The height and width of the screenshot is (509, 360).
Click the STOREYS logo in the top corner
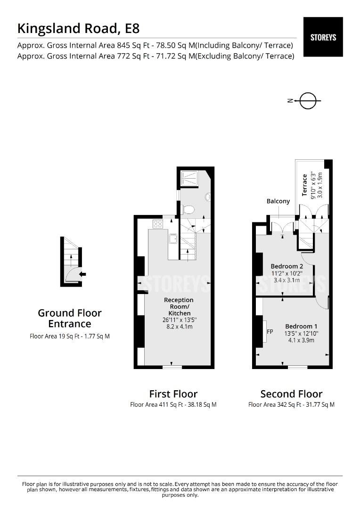pyautogui.click(x=323, y=37)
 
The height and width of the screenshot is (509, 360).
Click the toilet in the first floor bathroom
pyautogui.click(x=188, y=209)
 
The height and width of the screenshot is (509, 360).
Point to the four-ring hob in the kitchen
pyautogui.click(x=157, y=224)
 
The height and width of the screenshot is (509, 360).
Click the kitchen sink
pyautogui.click(x=173, y=238)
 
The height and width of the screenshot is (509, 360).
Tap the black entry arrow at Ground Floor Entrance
pyautogui.click(x=82, y=274)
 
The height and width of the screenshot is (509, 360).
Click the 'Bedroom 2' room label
pyautogui.click(x=287, y=266)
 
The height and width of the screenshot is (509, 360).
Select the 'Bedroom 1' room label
pyautogui.click(x=302, y=326)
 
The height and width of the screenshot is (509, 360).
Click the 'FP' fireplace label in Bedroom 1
pyautogui.click(x=270, y=332)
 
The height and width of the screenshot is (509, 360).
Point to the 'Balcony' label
pyautogui.click(x=278, y=201)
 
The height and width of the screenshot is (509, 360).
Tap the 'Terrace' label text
pyautogui.click(x=305, y=185)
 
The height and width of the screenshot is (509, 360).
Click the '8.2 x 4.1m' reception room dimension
pyautogui.click(x=180, y=326)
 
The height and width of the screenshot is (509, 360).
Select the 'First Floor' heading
pyautogui.click(x=173, y=394)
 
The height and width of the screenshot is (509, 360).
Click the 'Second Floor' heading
pyautogui.click(x=291, y=394)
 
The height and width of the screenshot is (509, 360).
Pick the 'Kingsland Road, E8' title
pyautogui.click(x=78, y=28)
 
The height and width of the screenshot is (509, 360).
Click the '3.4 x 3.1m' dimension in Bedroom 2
pyautogui.click(x=286, y=280)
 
